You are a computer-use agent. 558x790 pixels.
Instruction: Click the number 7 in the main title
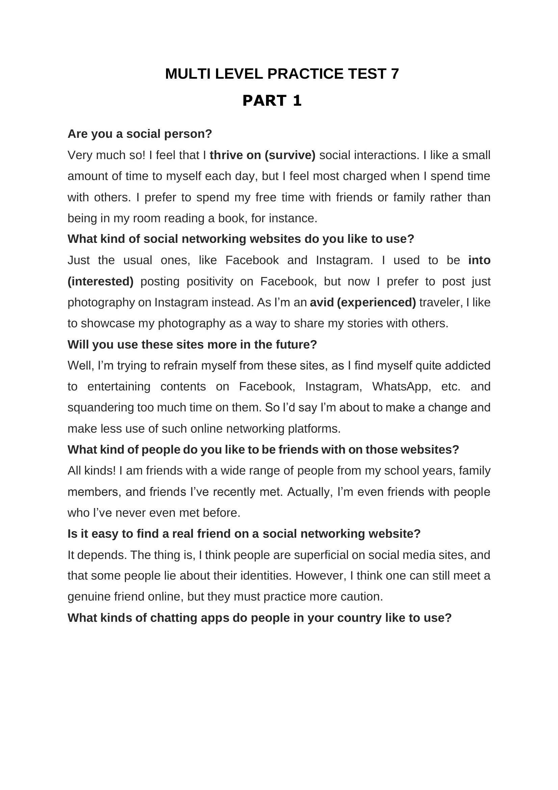point(394,74)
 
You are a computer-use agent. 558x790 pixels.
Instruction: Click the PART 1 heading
point(272,101)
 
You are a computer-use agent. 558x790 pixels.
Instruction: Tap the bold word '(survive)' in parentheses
point(290,155)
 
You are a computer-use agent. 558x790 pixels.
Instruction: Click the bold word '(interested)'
point(100,281)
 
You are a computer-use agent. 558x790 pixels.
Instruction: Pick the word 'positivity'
point(210,281)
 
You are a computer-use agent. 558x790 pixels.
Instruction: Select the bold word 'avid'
point(322,302)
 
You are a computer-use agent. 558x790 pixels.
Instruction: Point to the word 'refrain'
point(181,365)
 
